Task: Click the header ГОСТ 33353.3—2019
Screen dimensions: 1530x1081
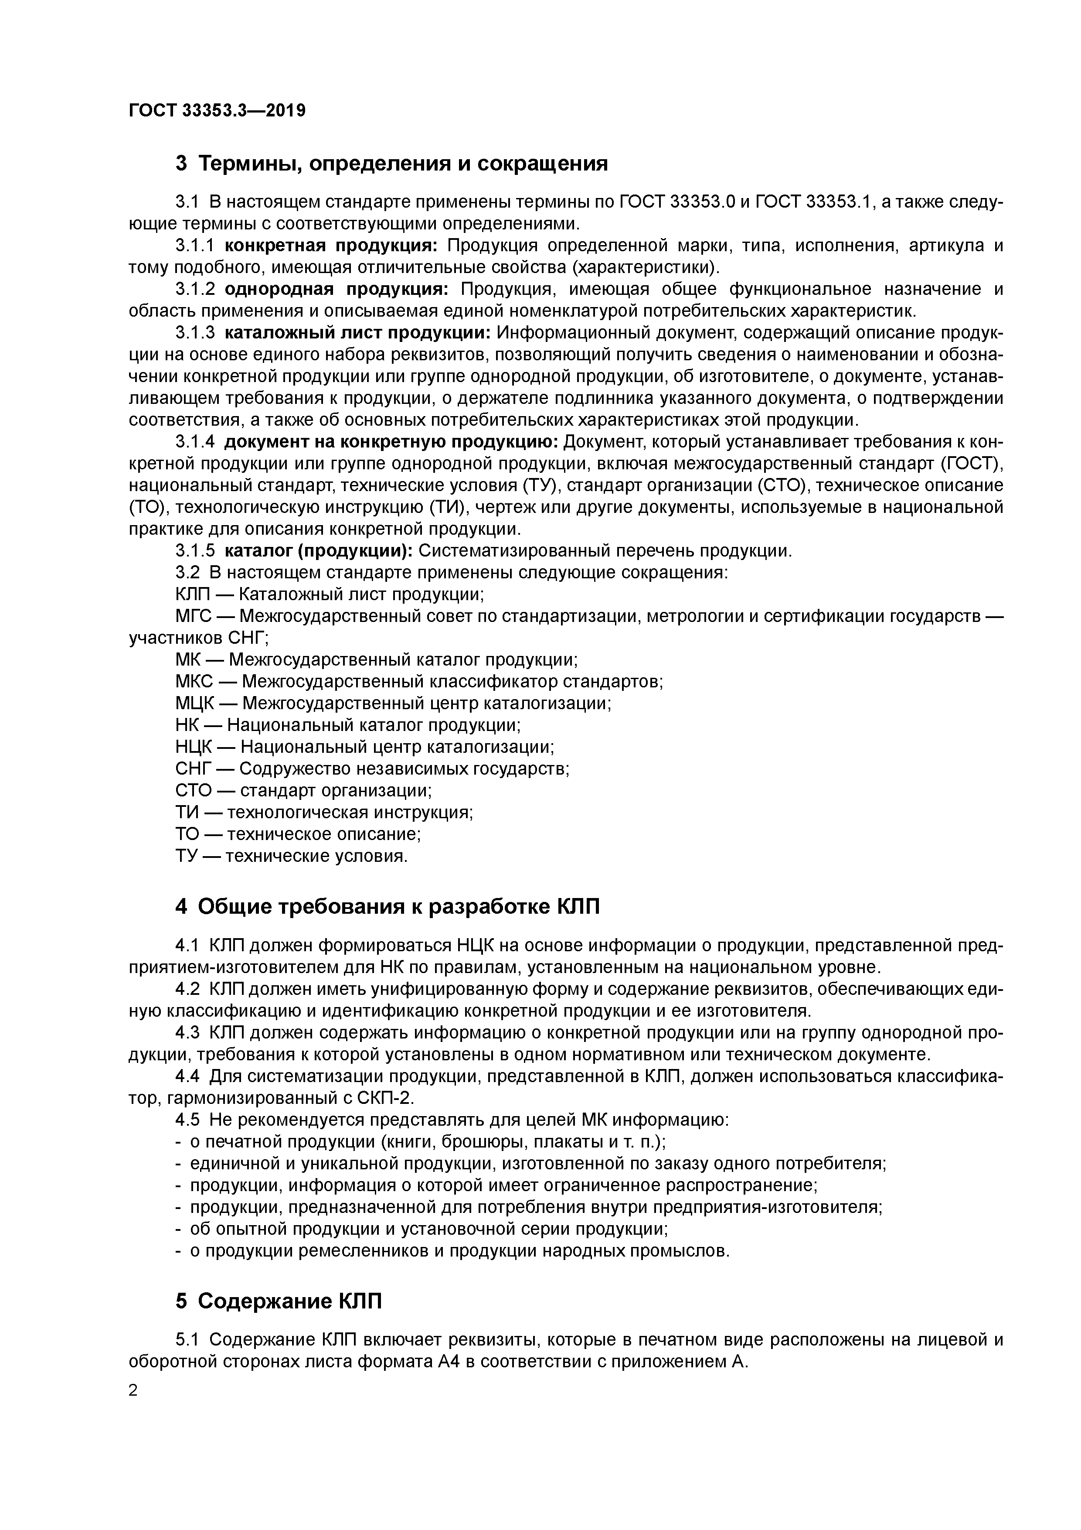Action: [217, 111]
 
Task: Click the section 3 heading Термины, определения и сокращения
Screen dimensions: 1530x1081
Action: [391, 163]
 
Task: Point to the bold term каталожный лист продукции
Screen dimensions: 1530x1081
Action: [358, 332]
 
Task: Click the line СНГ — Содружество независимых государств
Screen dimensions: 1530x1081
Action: [372, 769]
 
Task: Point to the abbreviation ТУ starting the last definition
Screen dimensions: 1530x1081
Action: [188, 856]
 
